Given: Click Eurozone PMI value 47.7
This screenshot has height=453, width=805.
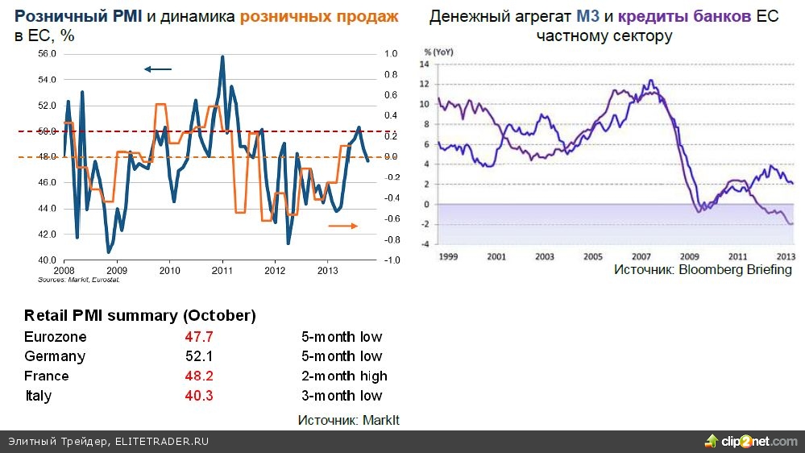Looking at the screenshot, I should (199, 336).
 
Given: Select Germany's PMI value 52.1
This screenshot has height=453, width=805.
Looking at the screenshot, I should (199, 356).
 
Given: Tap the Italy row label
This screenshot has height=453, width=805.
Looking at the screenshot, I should (38, 396).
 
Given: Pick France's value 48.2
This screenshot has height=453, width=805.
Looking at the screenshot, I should (199, 376).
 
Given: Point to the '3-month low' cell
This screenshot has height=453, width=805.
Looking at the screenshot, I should (342, 396).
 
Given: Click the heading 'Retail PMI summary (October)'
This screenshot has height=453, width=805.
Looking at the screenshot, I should (139, 315).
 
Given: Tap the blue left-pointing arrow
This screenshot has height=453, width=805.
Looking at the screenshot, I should (158, 69).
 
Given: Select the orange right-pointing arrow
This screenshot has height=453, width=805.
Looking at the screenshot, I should (342, 226).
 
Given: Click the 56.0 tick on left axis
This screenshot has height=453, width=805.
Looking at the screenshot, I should (47, 54).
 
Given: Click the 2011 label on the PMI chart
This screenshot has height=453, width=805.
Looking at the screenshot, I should (222, 271).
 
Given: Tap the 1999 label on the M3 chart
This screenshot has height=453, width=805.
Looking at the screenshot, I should (449, 256).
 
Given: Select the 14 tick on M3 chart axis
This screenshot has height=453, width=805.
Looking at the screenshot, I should (426, 64).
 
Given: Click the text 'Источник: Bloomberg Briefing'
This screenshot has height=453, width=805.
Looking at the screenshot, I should (703, 269).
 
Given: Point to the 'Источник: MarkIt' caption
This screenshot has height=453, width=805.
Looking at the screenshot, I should (348, 420).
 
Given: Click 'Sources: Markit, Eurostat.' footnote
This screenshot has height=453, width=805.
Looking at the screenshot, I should (79, 280).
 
